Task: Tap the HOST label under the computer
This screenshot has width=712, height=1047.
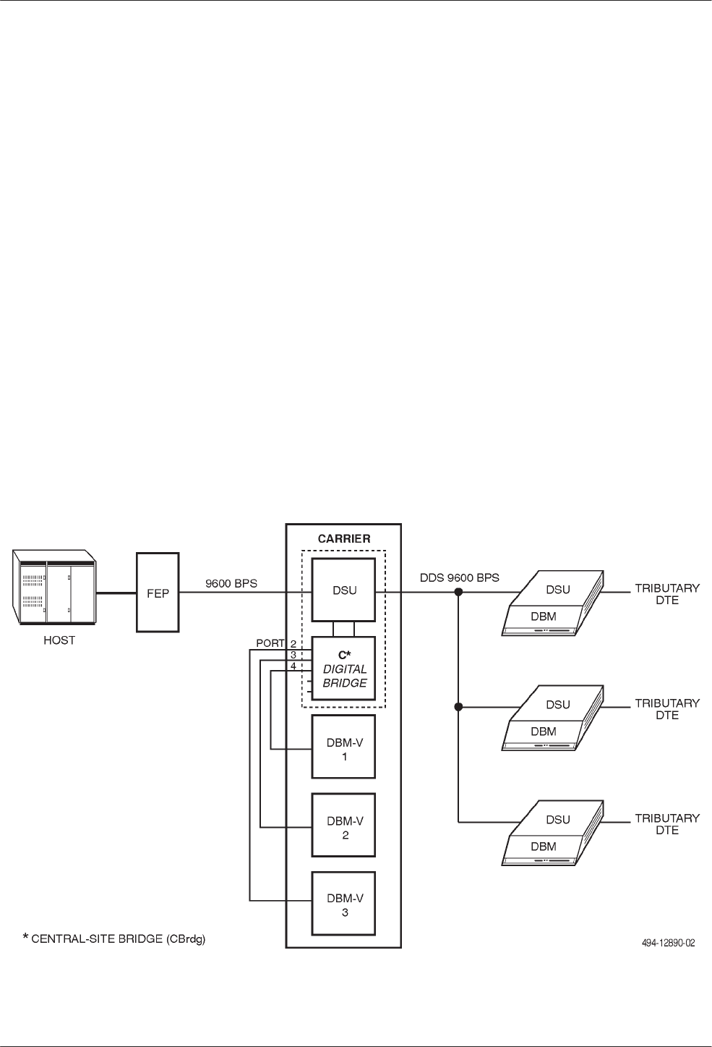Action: coord(59,640)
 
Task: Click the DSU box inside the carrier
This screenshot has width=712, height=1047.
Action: coord(344,590)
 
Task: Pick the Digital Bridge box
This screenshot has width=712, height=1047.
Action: coord(344,668)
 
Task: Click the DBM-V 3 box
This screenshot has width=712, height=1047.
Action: coord(344,905)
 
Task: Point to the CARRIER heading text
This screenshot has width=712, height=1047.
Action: coord(344,539)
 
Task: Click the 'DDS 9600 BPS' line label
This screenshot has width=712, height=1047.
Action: coord(460,579)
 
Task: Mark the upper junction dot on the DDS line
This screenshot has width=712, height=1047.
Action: coord(458,592)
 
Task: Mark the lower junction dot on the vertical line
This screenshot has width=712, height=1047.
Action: coord(458,707)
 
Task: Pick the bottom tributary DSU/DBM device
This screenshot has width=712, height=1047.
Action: coord(554,833)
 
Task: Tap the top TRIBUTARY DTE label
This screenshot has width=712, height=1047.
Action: coord(666,594)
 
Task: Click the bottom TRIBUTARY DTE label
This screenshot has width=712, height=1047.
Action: coord(666,824)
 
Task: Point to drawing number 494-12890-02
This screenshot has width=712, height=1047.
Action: coord(668,944)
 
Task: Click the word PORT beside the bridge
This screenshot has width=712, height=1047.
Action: coord(271,643)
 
